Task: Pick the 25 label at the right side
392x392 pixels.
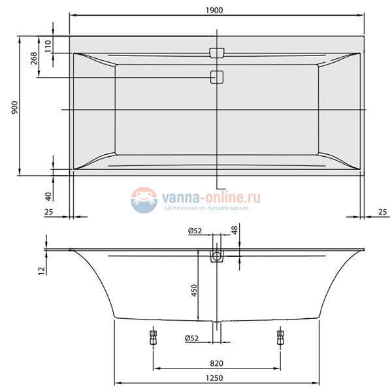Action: tap(382, 211)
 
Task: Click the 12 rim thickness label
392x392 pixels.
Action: tap(41, 270)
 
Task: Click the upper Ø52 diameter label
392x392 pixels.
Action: tap(194, 230)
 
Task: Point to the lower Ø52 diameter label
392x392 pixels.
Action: tap(194, 338)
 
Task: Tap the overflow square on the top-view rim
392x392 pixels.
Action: tap(216, 52)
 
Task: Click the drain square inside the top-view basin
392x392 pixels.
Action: tap(216, 77)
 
